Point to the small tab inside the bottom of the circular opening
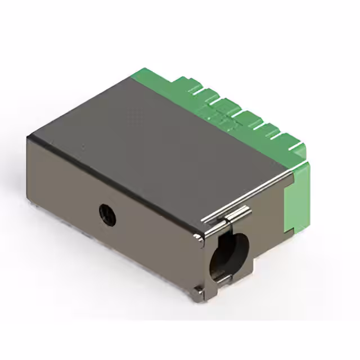coord(223,277)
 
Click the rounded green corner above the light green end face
coord(304,165)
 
